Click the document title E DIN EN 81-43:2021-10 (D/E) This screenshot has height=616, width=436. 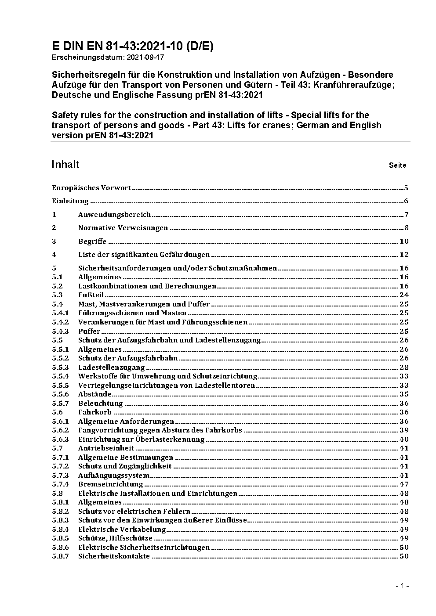[x=132, y=47]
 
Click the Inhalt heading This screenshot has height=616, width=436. [x=65, y=164]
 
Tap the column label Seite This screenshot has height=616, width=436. [x=397, y=166]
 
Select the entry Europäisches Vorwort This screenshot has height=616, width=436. [x=91, y=188]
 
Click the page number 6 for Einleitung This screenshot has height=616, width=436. [x=406, y=202]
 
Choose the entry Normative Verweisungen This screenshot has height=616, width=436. [x=123, y=228]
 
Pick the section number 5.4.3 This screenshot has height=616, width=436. [x=60, y=331]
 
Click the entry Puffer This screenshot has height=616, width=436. [x=89, y=331]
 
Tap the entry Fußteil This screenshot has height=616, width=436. [x=91, y=295]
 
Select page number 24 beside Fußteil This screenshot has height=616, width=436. [x=403, y=295]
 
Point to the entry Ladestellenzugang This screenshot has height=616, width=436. [x=111, y=367]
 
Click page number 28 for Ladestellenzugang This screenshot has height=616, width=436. [x=403, y=367]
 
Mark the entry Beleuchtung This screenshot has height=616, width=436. [x=100, y=403]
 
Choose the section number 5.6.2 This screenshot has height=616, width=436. [x=60, y=430]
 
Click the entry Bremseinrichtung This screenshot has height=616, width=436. [x=110, y=484]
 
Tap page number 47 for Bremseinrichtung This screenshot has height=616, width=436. [x=403, y=484]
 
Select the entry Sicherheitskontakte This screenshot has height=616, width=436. [x=114, y=556]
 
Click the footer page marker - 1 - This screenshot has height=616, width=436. [x=402, y=586]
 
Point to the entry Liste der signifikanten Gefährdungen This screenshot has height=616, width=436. [x=144, y=255]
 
